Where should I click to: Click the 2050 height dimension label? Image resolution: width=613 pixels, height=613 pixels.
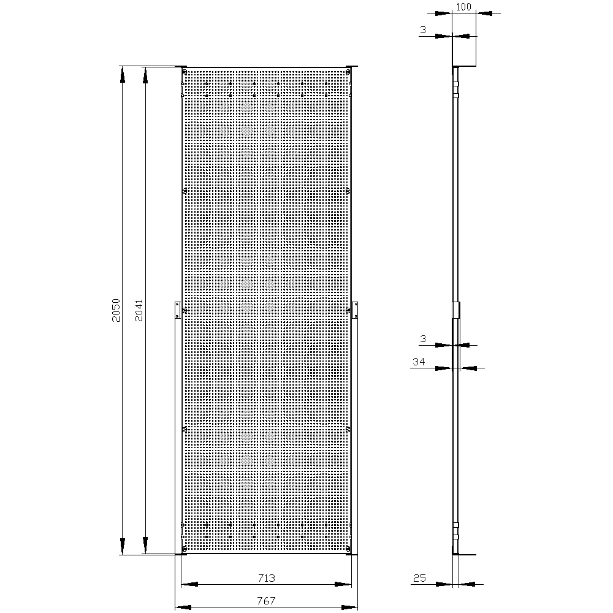tap(116, 310)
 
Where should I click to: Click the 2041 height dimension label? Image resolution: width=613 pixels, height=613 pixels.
tap(139, 310)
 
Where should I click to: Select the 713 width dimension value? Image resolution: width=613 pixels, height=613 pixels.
tap(267, 578)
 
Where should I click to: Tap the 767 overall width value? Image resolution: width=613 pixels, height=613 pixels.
tap(267, 601)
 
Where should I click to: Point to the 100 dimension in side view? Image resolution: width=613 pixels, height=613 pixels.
tap(463, 7)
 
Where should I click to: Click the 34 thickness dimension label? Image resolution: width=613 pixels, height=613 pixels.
tap(419, 362)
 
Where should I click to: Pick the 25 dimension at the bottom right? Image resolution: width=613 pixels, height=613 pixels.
tap(419, 578)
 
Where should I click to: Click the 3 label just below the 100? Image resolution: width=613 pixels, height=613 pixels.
tap(423, 29)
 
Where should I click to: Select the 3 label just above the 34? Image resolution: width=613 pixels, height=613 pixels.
tap(423, 339)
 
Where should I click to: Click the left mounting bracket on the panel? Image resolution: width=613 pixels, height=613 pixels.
tap(177, 310)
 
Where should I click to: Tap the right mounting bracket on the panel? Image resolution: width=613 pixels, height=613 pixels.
tap(355, 310)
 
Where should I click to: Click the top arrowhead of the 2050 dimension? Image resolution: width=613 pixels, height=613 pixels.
tap(123, 74)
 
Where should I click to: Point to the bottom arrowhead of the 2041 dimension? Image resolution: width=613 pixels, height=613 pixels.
tap(145, 546)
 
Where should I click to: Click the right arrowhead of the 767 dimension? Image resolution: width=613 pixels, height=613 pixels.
tap(349, 607)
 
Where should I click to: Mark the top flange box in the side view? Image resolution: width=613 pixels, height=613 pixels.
tap(464, 51)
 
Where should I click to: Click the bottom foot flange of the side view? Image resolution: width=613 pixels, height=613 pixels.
tap(464, 554)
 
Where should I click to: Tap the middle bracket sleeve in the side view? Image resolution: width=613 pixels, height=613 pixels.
tap(456, 310)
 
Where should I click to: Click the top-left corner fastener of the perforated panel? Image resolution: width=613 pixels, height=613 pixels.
tap(185, 72)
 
